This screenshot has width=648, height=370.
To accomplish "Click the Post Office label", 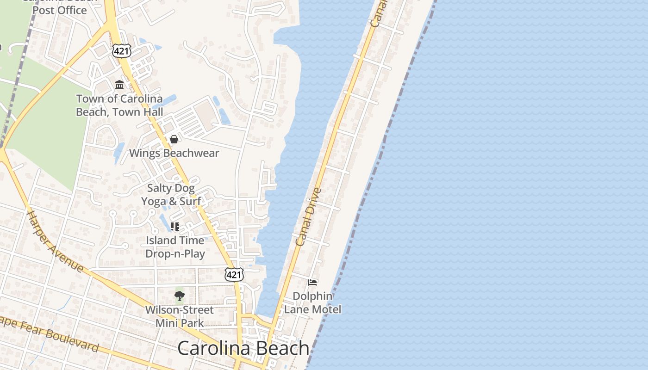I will pyautogui.click(x=60, y=9).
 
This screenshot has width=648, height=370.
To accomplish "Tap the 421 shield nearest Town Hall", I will pyautogui.click(x=121, y=51).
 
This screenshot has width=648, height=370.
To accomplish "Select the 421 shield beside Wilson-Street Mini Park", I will pyautogui.click(x=234, y=275).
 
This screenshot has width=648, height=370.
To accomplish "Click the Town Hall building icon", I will pyautogui.click(x=119, y=85).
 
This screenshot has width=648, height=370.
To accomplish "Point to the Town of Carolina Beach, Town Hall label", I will pyautogui.click(x=119, y=105).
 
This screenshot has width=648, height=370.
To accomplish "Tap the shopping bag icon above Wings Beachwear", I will pyautogui.click(x=174, y=139).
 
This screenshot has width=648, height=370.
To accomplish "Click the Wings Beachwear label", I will pyautogui.click(x=174, y=153).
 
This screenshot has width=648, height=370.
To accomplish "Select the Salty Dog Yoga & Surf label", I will pyautogui.click(x=171, y=195).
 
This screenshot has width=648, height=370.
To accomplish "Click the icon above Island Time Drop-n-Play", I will pyautogui.click(x=174, y=227).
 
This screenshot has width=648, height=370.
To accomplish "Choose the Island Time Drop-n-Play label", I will pyautogui.click(x=175, y=247).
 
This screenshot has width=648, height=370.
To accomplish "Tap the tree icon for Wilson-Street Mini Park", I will pyautogui.click(x=180, y=296).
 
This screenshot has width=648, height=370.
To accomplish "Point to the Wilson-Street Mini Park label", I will pyautogui.click(x=180, y=316).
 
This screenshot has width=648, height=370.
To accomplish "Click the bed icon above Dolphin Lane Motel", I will pyautogui.click(x=312, y=282).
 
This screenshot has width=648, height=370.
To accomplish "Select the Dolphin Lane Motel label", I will pyautogui.click(x=313, y=302).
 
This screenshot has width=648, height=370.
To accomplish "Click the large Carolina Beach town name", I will pyautogui.click(x=243, y=348).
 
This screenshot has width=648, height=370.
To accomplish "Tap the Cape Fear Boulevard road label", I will pyautogui.click(x=49, y=333).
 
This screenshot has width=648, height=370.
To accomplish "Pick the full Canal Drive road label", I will pyautogui.click(x=308, y=216).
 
